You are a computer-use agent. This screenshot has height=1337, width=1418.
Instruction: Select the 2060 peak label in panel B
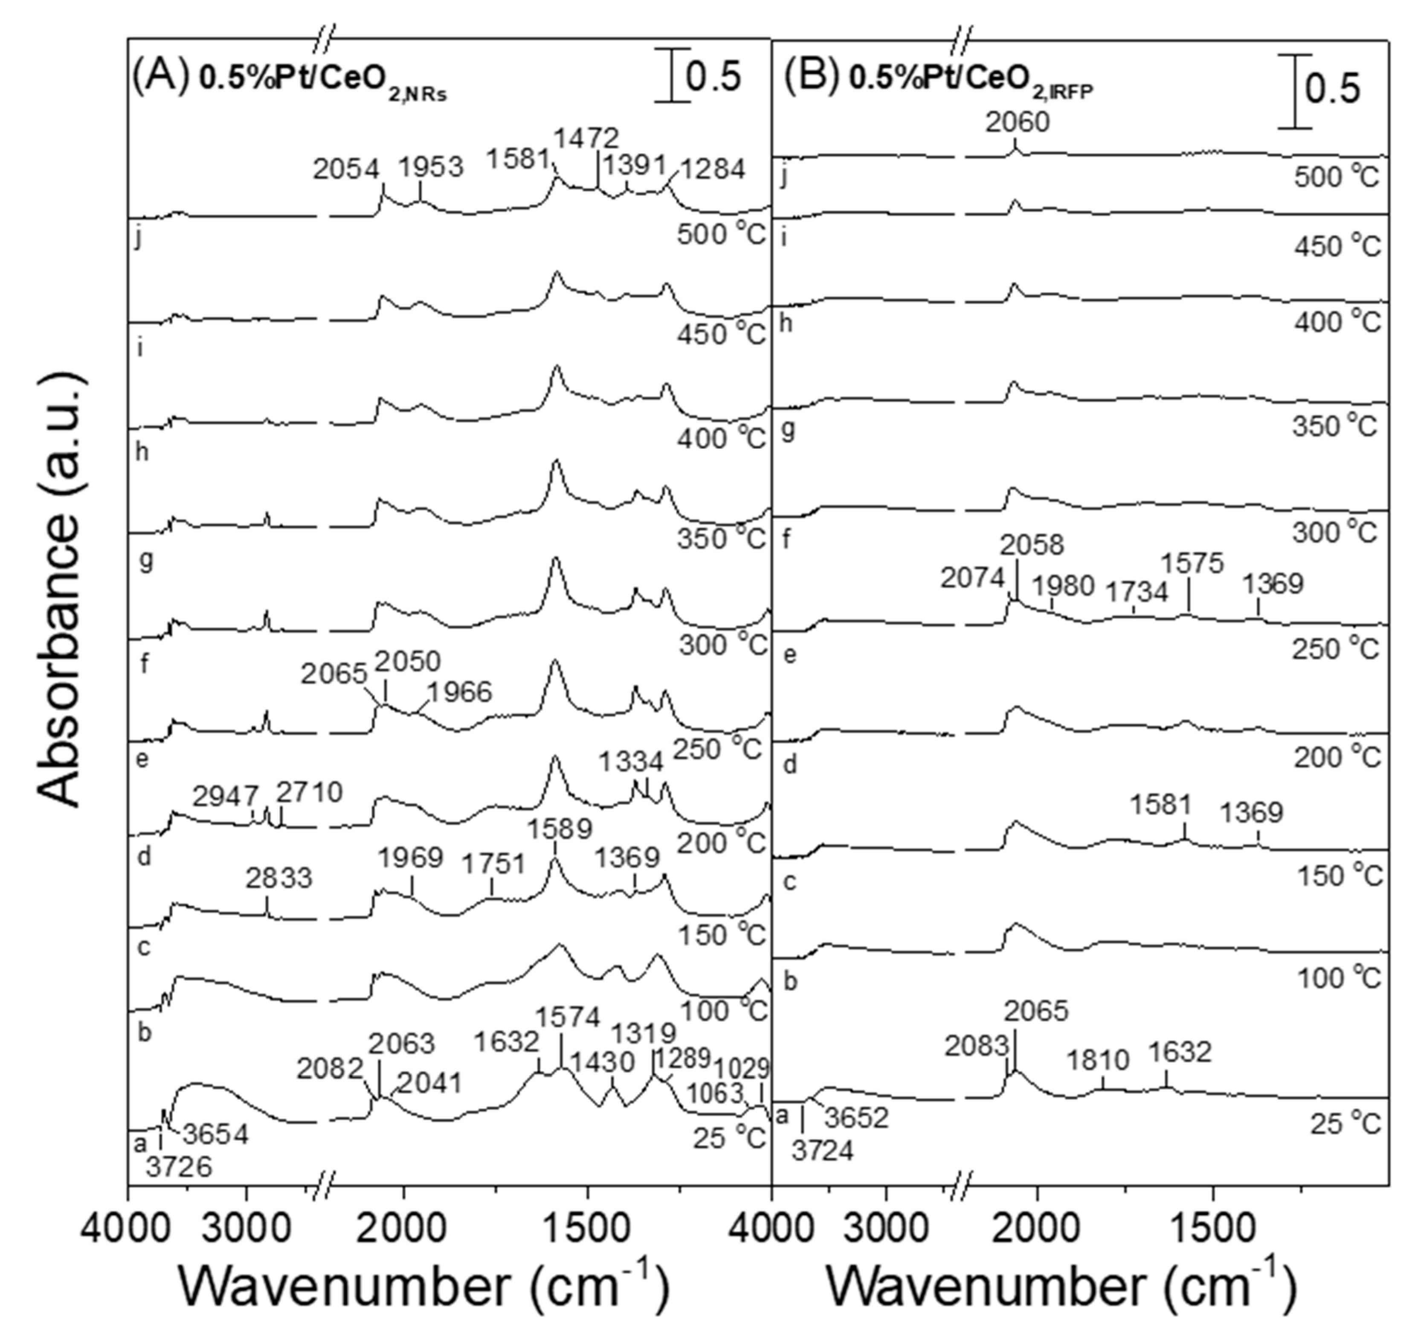pos(1018,123)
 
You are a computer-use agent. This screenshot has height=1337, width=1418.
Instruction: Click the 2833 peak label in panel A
pos(280,878)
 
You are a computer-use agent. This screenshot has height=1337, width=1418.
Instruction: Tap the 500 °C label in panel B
pos(1336,177)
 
